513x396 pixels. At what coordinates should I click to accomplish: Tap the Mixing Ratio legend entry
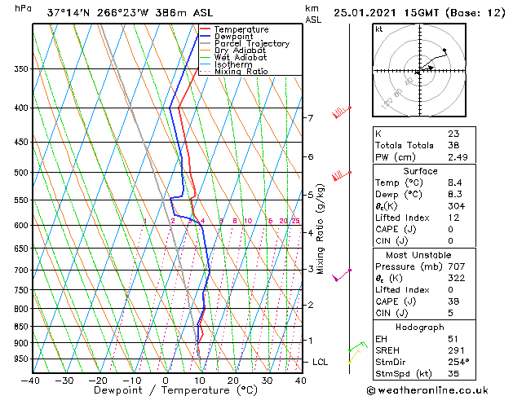(241, 71)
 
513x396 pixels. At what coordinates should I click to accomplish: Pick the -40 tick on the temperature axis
(32, 380)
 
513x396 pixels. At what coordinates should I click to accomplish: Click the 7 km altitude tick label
(310, 118)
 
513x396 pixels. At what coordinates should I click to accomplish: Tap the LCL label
(320, 362)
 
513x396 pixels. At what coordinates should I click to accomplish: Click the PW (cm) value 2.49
(458, 157)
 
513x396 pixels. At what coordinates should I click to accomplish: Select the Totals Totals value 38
(453, 145)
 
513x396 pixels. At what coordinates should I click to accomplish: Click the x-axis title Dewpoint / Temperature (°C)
(166, 391)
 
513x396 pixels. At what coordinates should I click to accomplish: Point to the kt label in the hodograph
(378, 29)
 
